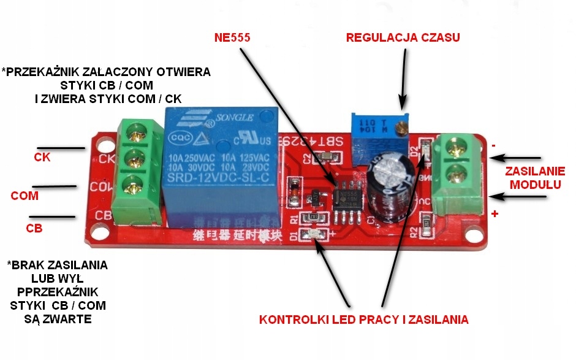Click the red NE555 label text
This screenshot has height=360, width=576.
tap(232, 37)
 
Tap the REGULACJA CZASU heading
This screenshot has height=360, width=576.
tap(403, 37)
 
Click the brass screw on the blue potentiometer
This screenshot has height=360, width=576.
tap(401, 128)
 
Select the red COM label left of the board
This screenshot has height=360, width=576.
tap(25, 196)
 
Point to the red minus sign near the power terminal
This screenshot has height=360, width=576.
tap(494, 146)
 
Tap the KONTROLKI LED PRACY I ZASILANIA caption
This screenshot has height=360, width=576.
tap(364, 320)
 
